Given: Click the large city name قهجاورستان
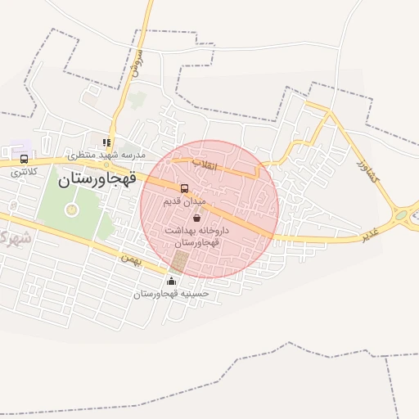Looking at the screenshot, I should tap(97, 177).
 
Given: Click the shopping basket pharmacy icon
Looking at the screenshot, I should tap(196, 218).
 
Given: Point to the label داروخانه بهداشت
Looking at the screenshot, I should tap(196, 231).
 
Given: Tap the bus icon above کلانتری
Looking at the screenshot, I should tap(24, 160).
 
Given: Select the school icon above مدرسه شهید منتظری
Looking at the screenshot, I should tap(106, 142).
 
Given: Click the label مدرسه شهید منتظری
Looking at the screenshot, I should tap(106, 155).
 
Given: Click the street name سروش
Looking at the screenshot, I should tap(137, 64).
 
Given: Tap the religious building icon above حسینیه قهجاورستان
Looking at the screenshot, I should tap(170, 282).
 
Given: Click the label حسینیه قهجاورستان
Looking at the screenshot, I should tap(172, 293).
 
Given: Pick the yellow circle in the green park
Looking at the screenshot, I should tap(71, 209).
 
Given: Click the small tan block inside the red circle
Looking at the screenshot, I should tap(178, 262).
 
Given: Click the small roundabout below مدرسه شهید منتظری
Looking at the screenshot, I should tap(106, 164).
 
